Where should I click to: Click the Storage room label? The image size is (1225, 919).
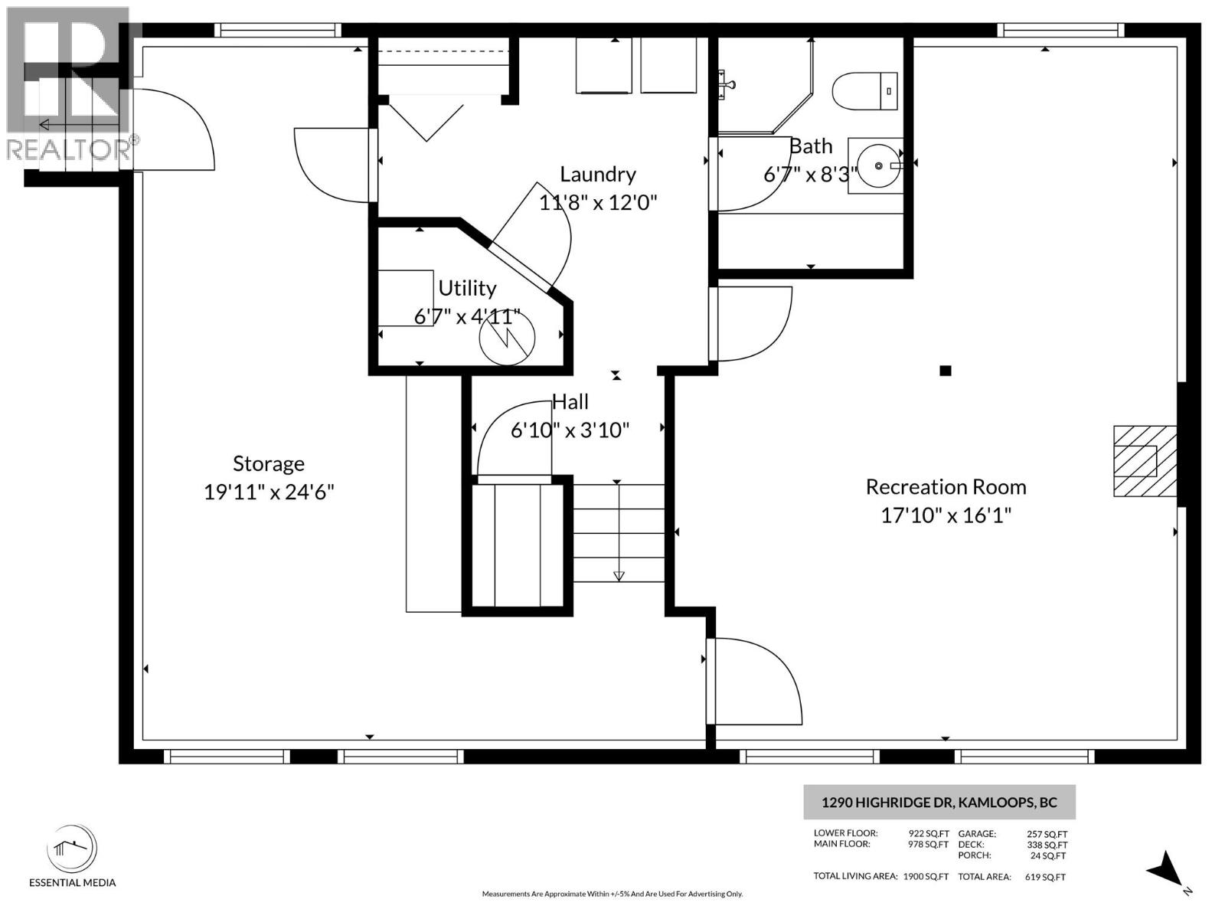point(269,463)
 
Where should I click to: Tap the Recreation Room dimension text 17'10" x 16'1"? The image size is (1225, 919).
point(946,515)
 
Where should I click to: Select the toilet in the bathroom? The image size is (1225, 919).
point(864,91)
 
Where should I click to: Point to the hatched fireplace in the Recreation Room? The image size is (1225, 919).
point(1144,461)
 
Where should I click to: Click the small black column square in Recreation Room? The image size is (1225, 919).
point(946,371)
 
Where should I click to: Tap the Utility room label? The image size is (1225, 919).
point(467,288)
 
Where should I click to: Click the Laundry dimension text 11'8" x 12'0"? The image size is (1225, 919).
point(598,203)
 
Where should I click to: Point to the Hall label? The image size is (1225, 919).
point(570,402)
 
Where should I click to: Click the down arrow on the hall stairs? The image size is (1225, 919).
point(619,576)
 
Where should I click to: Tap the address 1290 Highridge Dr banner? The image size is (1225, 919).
point(939,803)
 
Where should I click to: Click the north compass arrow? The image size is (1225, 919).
point(1167,872)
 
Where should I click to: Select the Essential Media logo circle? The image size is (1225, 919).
point(72,849)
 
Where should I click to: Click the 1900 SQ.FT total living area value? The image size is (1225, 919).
point(926,877)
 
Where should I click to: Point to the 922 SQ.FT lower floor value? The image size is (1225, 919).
point(928,833)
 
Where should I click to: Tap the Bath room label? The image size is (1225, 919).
point(811,146)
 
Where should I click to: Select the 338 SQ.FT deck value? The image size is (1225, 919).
point(1046,845)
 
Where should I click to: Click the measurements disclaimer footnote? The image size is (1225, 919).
point(612,894)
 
